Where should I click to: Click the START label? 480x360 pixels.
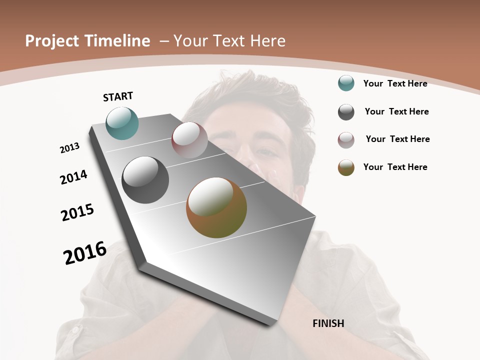pos(118,96)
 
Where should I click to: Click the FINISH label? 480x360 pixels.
pos(328,323)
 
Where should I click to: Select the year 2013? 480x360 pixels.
pos(70,148)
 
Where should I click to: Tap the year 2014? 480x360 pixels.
pos(74,177)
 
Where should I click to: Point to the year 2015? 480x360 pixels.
pos(77,212)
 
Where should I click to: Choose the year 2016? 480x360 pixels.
pos(85,253)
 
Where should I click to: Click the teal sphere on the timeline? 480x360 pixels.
pos(122,123)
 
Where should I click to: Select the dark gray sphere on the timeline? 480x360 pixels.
pos(145,180)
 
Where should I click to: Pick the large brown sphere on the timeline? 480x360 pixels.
pos(216,207)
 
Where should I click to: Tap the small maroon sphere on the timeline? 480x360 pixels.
pos(189,140)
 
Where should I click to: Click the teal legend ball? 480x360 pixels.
pos(346,83)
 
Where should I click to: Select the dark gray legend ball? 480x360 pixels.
pos(346,112)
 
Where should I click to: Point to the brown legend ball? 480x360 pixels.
pos(346,167)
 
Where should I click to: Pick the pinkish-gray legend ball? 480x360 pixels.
pos(346,140)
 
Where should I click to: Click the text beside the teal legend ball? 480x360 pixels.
pos(395,84)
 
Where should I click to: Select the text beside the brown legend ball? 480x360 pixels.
pos(395,167)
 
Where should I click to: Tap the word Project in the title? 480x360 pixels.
pos(52,41)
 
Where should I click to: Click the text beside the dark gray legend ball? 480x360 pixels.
pos(396,111)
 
